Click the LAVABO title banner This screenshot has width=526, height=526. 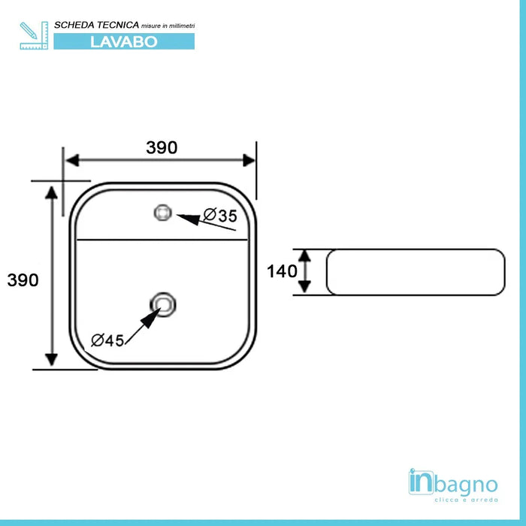point(124,41)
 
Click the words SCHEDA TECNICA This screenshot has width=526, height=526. point(97,25)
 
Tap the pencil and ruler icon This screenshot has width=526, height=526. point(34,35)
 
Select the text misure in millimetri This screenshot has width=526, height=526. point(168,26)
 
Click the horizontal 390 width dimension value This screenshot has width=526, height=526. point(162,147)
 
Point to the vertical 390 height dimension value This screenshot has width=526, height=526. point(23,280)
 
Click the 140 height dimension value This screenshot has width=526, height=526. point(282,271)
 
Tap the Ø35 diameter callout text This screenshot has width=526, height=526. point(220,216)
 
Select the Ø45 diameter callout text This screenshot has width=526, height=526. point(107,340)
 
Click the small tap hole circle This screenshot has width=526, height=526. point(163,213)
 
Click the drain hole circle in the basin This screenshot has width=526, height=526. point(163,304)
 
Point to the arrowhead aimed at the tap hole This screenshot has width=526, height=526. point(188,219)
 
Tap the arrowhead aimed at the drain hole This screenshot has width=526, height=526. point(151,318)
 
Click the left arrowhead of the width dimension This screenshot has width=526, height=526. point(72,160)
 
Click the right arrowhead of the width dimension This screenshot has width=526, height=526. point(249,160)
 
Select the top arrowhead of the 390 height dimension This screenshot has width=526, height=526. point(51,192)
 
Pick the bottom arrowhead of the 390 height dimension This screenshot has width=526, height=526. point(51,360)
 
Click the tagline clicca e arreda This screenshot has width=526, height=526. point(467,500)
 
